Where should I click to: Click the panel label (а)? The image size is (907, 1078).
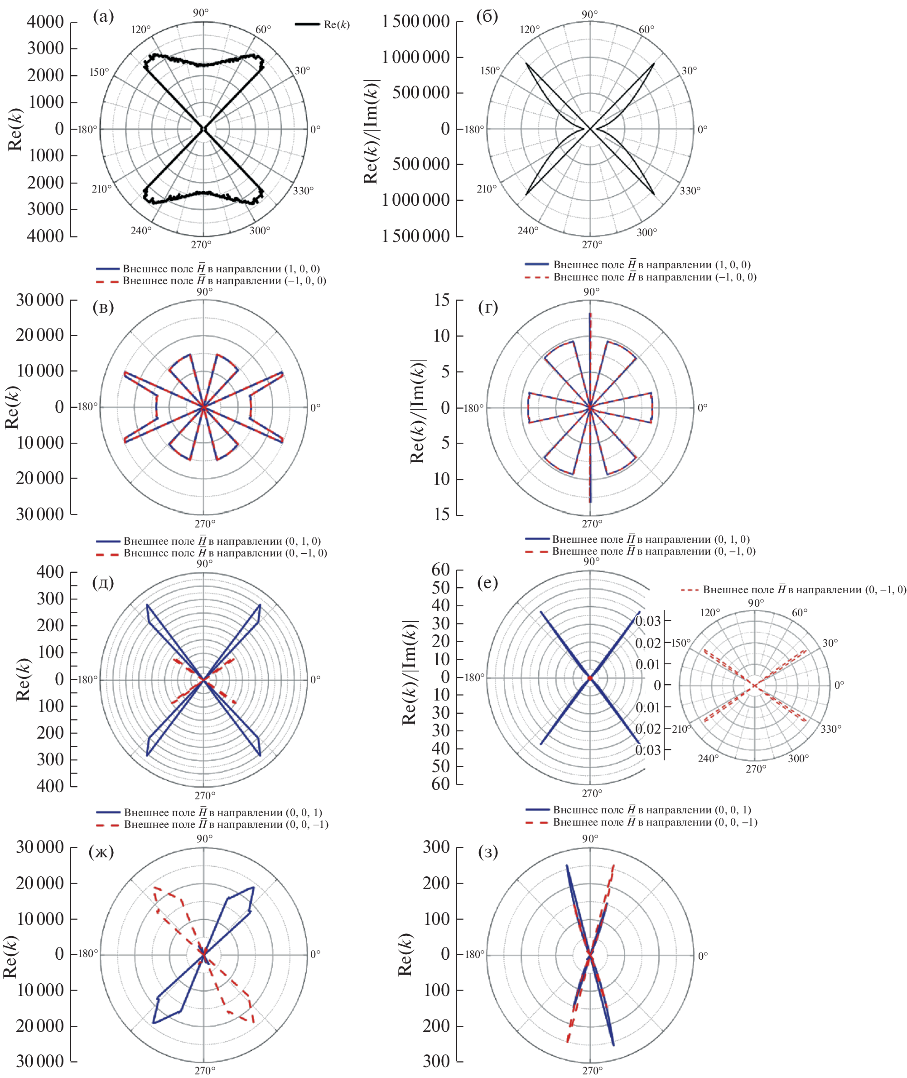pos(103,17)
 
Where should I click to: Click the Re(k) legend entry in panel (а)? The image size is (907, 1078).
pos(336,24)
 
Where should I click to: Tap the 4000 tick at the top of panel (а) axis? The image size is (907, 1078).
pos(45,22)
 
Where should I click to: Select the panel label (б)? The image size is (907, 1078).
pos(487,17)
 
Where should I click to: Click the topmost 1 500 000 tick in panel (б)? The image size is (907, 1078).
pos(415,22)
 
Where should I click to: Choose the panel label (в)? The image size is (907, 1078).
pos(103,307)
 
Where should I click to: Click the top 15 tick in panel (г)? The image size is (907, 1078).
pos(441,300)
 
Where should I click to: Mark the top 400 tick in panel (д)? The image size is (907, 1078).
pos(50,571)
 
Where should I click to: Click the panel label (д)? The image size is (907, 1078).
pos(103,582)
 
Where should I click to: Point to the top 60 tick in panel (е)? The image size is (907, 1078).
pos(441,569)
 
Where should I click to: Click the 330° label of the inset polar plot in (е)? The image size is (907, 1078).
pos(831,729)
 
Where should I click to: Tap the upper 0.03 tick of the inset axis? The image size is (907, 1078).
pos(647,621)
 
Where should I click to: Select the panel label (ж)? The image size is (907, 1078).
pos(101,852)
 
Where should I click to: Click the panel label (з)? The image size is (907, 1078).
pos(488,852)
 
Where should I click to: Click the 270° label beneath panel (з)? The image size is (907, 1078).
pos(592,1070)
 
